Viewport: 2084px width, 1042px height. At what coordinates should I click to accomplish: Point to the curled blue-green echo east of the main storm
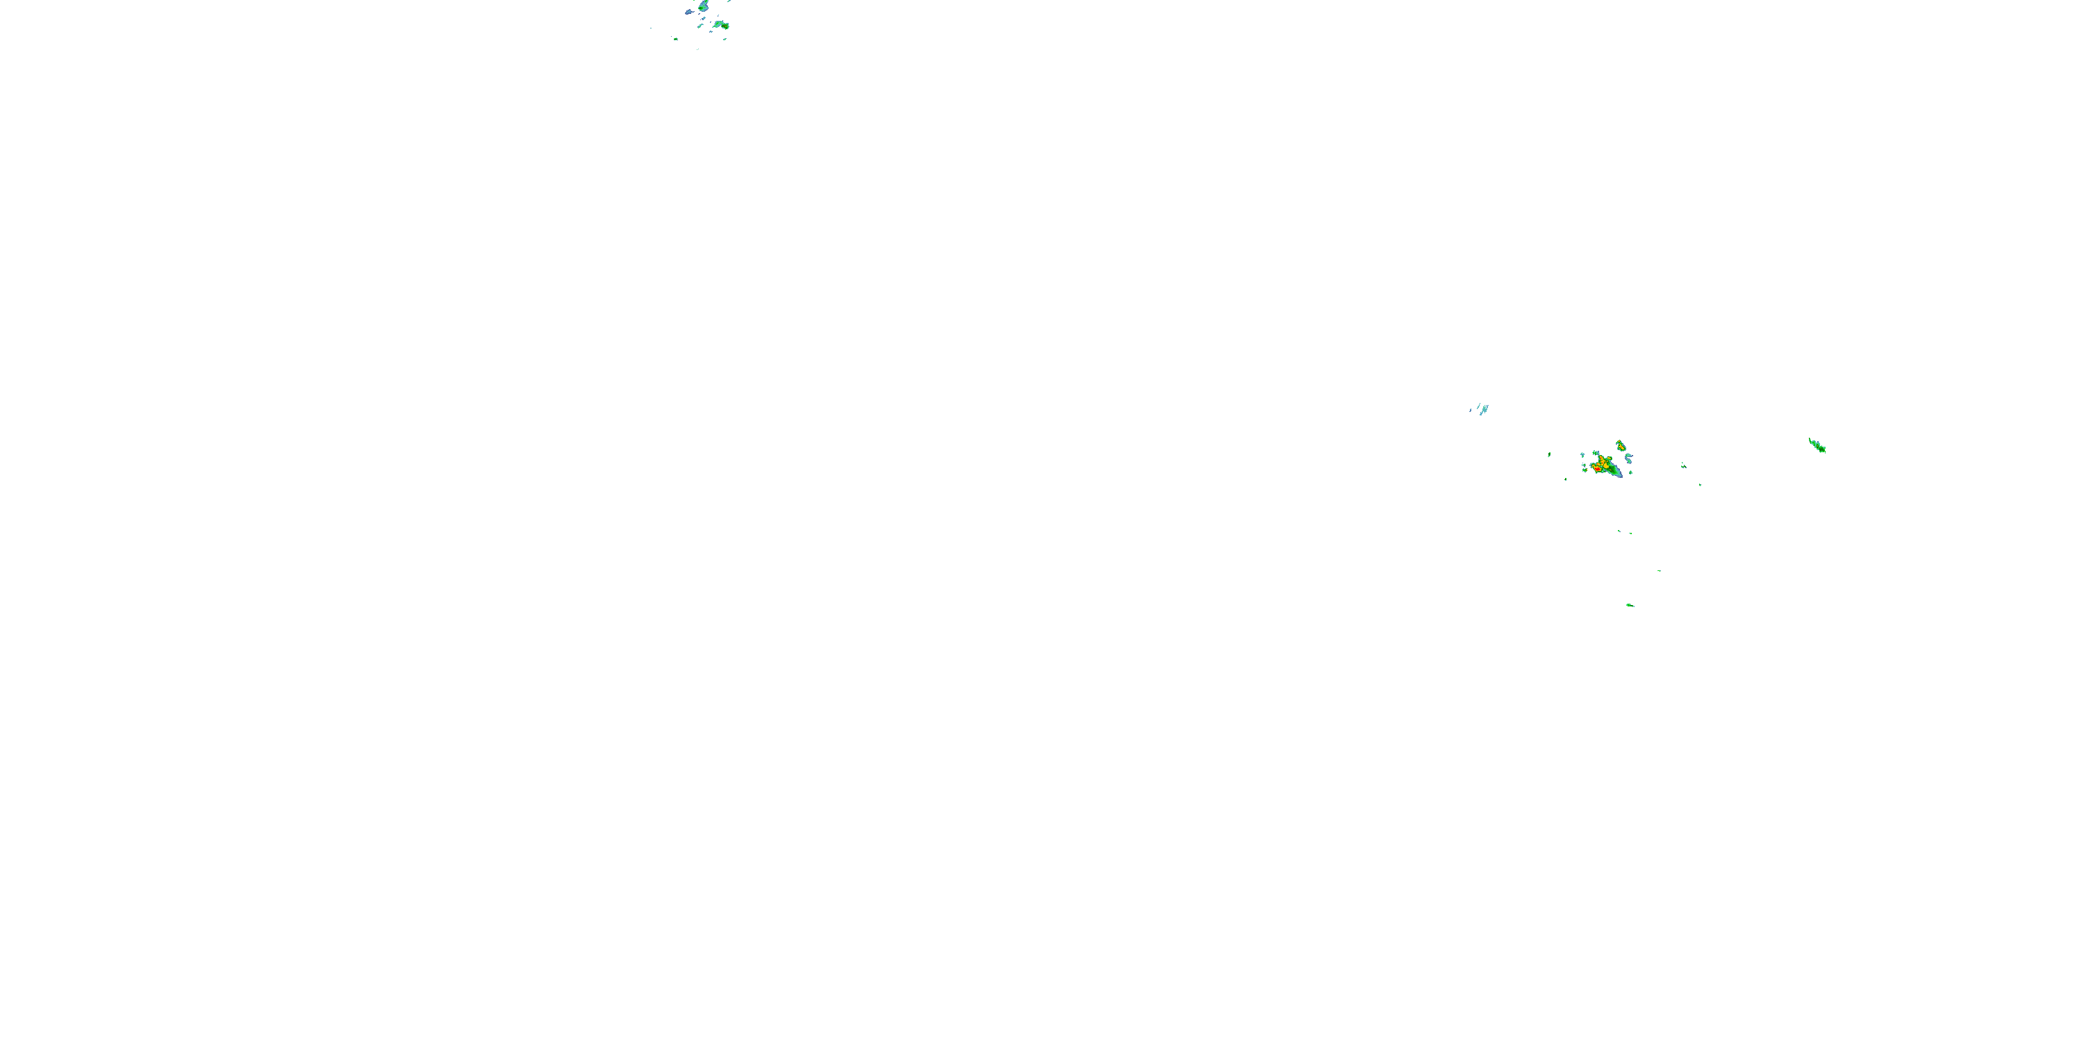pyautogui.click(x=1628, y=458)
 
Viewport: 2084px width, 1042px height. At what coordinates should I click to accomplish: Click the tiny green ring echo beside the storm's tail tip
pyautogui.click(x=1630, y=472)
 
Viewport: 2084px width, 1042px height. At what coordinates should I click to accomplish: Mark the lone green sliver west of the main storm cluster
pyautogui.click(x=1549, y=455)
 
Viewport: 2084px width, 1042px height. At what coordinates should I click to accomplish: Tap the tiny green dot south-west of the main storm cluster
pyautogui.click(x=1565, y=480)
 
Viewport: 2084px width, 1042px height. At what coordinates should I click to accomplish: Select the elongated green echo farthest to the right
pyautogui.click(x=1817, y=445)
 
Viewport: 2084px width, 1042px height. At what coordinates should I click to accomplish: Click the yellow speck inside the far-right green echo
pyautogui.click(x=1820, y=447)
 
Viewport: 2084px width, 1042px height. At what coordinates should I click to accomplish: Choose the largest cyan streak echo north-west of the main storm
pyautogui.click(x=1484, y=408)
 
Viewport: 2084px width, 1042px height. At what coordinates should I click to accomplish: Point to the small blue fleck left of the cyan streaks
pyautogui.click(x=1471, y=411)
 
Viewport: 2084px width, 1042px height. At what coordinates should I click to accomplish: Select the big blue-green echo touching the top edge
pyautogui.click(x=703, y=6)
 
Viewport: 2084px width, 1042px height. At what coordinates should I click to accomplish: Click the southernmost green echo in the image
pyautogui.click(x=1629, y=604)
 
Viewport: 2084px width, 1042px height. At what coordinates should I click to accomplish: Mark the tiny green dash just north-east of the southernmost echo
pyautogui.click(x=1660, y=570)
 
